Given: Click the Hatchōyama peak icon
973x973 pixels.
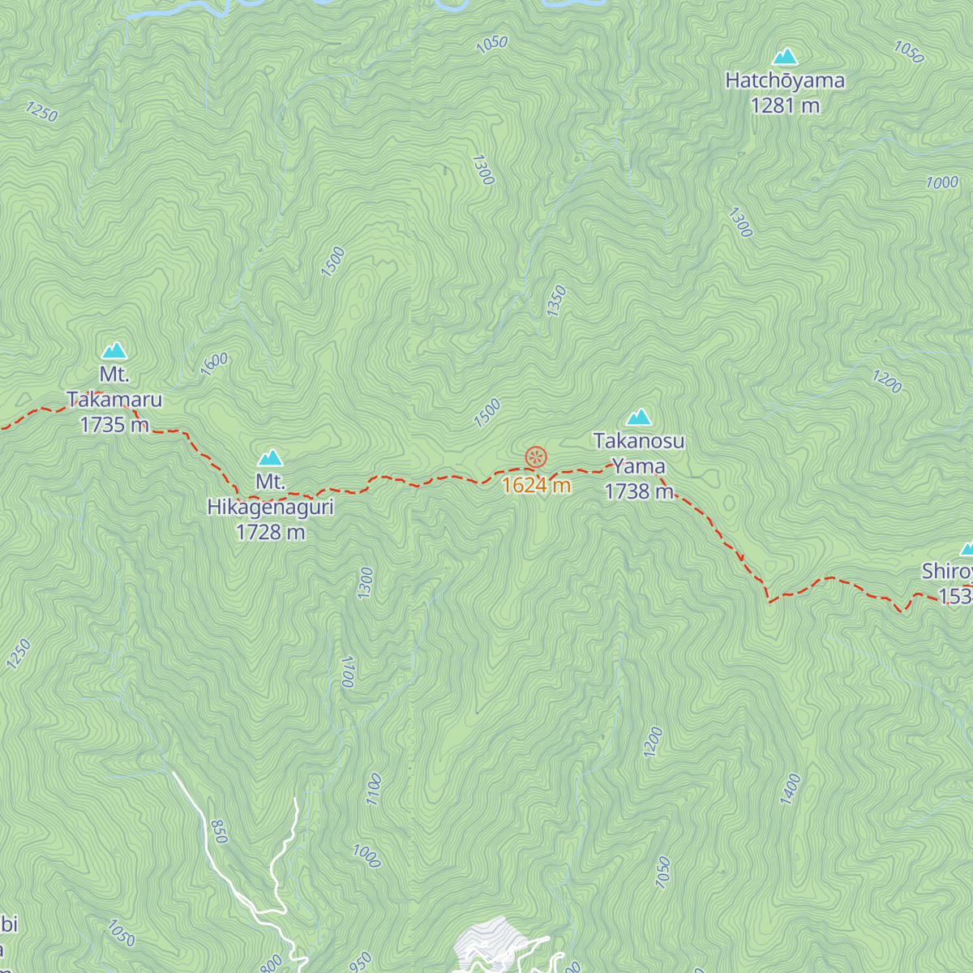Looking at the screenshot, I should [x=784, y=57].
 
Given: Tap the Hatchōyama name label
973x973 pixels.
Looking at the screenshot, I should [x=784, y=81].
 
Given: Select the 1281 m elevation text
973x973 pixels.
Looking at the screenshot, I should [x=784, y=106].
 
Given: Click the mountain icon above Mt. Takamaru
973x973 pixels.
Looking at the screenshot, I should [x=114, y=351].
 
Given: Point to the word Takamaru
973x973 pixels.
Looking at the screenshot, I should [x=114, y=400].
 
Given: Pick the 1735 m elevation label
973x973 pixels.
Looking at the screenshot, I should [x=114, y=425].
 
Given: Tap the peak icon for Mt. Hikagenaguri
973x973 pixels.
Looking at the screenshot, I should [x=270, y=458].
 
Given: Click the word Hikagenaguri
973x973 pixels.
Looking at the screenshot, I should [x=270, y=508].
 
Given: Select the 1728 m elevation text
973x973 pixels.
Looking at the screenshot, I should [x=270, y=533].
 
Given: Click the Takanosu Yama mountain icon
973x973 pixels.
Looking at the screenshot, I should [x=639, y=418].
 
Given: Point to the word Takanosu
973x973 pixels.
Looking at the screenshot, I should [x=639, y=442].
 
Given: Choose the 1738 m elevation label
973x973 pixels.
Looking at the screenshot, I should [x=639, y=491].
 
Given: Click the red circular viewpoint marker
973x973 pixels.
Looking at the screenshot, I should [x=536, y=457].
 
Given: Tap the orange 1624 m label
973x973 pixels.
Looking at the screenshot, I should [x=536, y=486].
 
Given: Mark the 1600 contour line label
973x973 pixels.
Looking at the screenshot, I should [x=214, y=365].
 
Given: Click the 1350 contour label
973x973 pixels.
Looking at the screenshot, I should [x=556, y=302].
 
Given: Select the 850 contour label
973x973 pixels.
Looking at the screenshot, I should [x=218, y=831].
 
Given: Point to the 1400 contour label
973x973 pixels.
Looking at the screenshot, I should [x=790, y=789].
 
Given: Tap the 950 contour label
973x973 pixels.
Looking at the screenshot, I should [x=361, y=962].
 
